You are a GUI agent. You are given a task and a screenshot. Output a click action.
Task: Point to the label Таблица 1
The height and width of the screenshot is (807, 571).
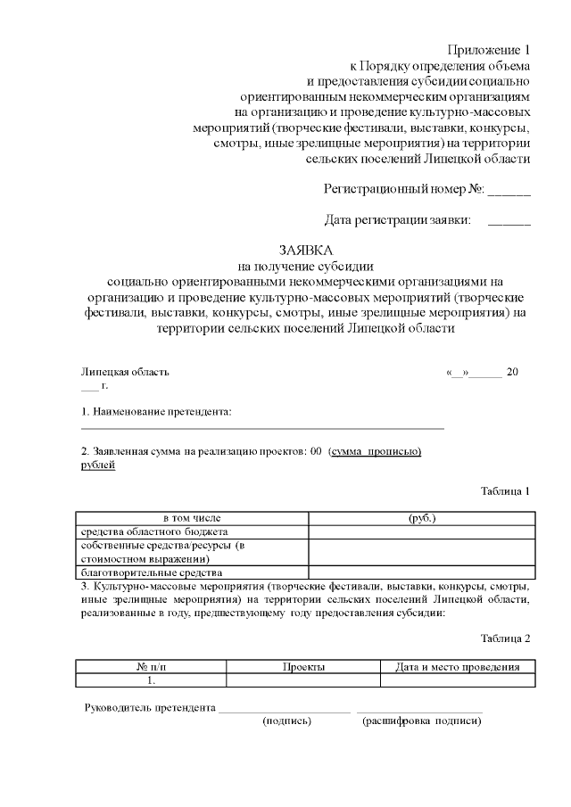505,490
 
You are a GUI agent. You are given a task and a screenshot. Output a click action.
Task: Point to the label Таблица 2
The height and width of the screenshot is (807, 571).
505,638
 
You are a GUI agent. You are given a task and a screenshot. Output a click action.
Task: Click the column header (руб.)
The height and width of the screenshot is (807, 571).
421,518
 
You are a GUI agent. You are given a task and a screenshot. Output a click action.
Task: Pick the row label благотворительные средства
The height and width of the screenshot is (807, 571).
151,572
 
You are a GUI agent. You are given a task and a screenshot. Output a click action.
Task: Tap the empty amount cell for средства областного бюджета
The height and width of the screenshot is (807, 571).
421,531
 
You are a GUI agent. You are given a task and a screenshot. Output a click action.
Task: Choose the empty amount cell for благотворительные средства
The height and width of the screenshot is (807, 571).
421,572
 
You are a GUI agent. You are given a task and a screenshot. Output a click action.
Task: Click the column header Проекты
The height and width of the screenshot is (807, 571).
303,667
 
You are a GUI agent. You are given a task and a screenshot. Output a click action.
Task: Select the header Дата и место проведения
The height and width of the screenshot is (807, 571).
458,667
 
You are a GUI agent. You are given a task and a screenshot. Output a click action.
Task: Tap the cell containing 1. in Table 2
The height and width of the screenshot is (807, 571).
151,680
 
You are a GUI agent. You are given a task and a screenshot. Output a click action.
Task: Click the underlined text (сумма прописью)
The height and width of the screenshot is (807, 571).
375,452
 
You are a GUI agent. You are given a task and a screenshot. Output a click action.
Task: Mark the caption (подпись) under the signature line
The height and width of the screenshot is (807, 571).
286,721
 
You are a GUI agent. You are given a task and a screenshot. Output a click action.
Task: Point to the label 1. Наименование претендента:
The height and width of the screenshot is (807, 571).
156,411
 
